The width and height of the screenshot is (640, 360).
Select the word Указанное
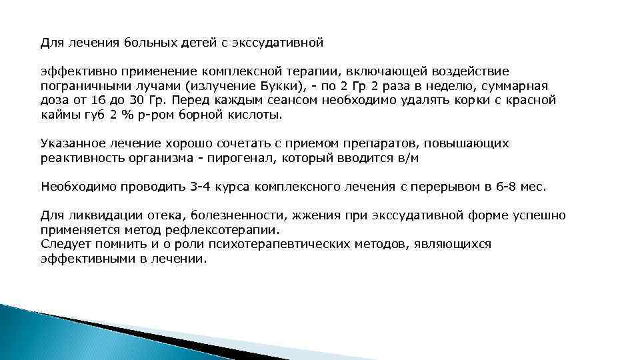(x=71, y=143)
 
